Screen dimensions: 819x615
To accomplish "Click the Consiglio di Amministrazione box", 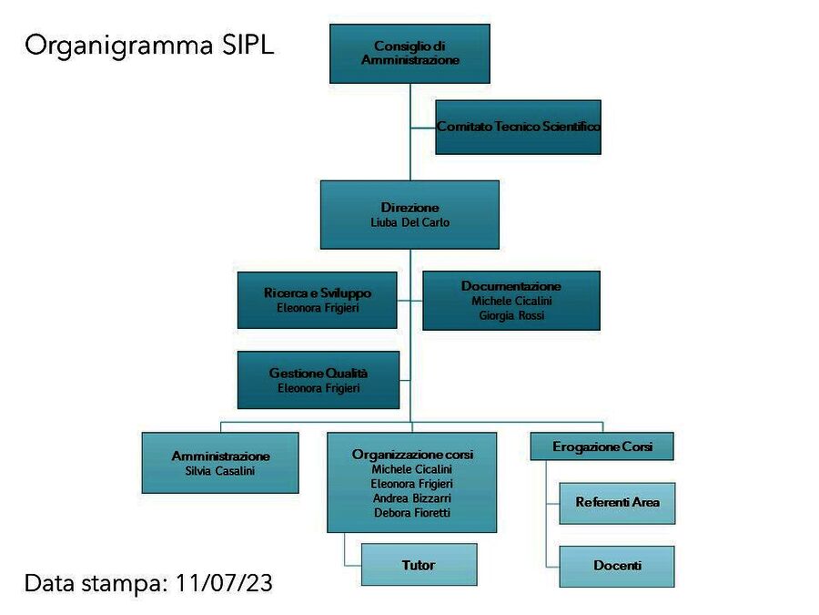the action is click(x=410, y=54).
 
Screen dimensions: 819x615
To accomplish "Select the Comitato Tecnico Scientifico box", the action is click(x=518, y=127).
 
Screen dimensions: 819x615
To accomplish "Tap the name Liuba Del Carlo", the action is click(x=410, y=222).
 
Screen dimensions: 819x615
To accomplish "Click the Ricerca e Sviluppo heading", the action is click(x=318, y=292).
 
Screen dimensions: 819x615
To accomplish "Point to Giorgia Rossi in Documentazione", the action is click(x=511, y=315).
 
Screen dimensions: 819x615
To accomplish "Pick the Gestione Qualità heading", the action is click(x=318, y=373).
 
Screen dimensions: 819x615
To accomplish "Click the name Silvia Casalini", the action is click(x=220, y=471).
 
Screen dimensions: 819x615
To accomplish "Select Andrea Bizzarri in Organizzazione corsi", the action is click(x=412, y=497).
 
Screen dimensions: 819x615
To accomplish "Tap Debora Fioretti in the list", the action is click(x=412, y=512).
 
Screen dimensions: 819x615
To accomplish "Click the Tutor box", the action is click(x=419, y=565).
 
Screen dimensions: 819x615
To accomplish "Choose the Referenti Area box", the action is click(x=617, y=503).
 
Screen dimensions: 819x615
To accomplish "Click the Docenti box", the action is click(x=617, y=567).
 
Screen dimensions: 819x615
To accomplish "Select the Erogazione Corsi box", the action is click(x=602, y=446).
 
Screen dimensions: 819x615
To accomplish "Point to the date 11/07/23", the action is click(x=224, y=583).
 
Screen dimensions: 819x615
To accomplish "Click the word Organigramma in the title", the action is click(x=119, y=46).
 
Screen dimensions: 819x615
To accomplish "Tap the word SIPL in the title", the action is click(x=248, y=45).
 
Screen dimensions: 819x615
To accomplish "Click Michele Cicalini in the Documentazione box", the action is click(x=511, y=301).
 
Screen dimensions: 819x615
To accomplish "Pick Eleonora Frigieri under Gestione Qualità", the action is click(x=318, y=388).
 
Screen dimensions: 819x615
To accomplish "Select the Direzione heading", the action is click(x=410, y=208).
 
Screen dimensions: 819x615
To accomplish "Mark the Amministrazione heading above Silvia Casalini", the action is click(x=220, y=456).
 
